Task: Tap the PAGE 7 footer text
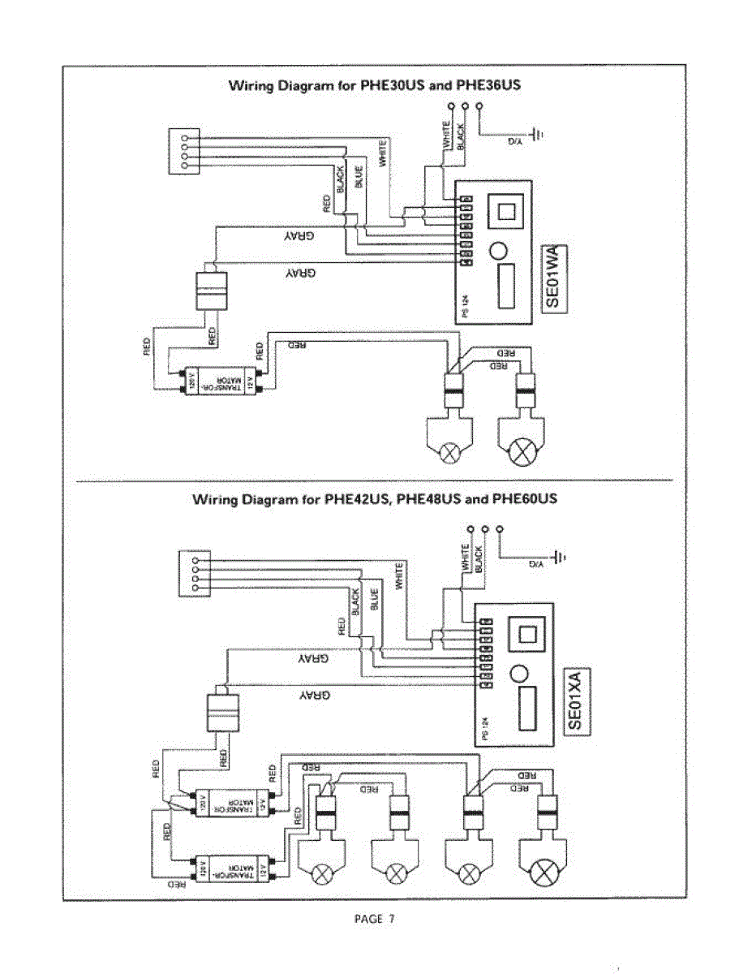click(375, 919)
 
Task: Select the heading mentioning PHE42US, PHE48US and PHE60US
click(374, 499)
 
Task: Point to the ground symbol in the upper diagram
click(536, 134)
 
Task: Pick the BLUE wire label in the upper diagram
click(359, 176)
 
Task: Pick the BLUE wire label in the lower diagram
click(375, 599)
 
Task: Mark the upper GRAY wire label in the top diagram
click(299, 237)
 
